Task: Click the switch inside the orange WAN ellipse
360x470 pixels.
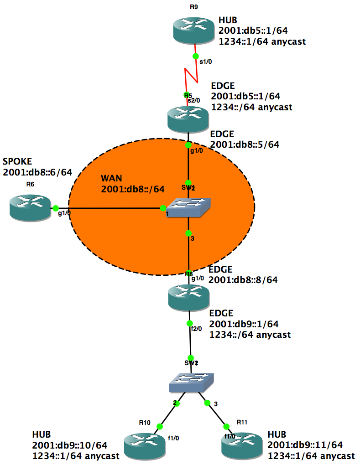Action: [189, 208]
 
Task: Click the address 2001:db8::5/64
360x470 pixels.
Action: [244, 145]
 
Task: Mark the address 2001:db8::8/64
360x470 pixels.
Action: [243, 279]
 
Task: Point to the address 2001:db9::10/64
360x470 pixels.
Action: [69, 445]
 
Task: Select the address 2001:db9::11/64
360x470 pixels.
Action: [305, 445]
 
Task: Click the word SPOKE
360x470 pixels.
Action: [17, 162]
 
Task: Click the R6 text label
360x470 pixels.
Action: [30, 184]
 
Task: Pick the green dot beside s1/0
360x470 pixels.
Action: [195, 56]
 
